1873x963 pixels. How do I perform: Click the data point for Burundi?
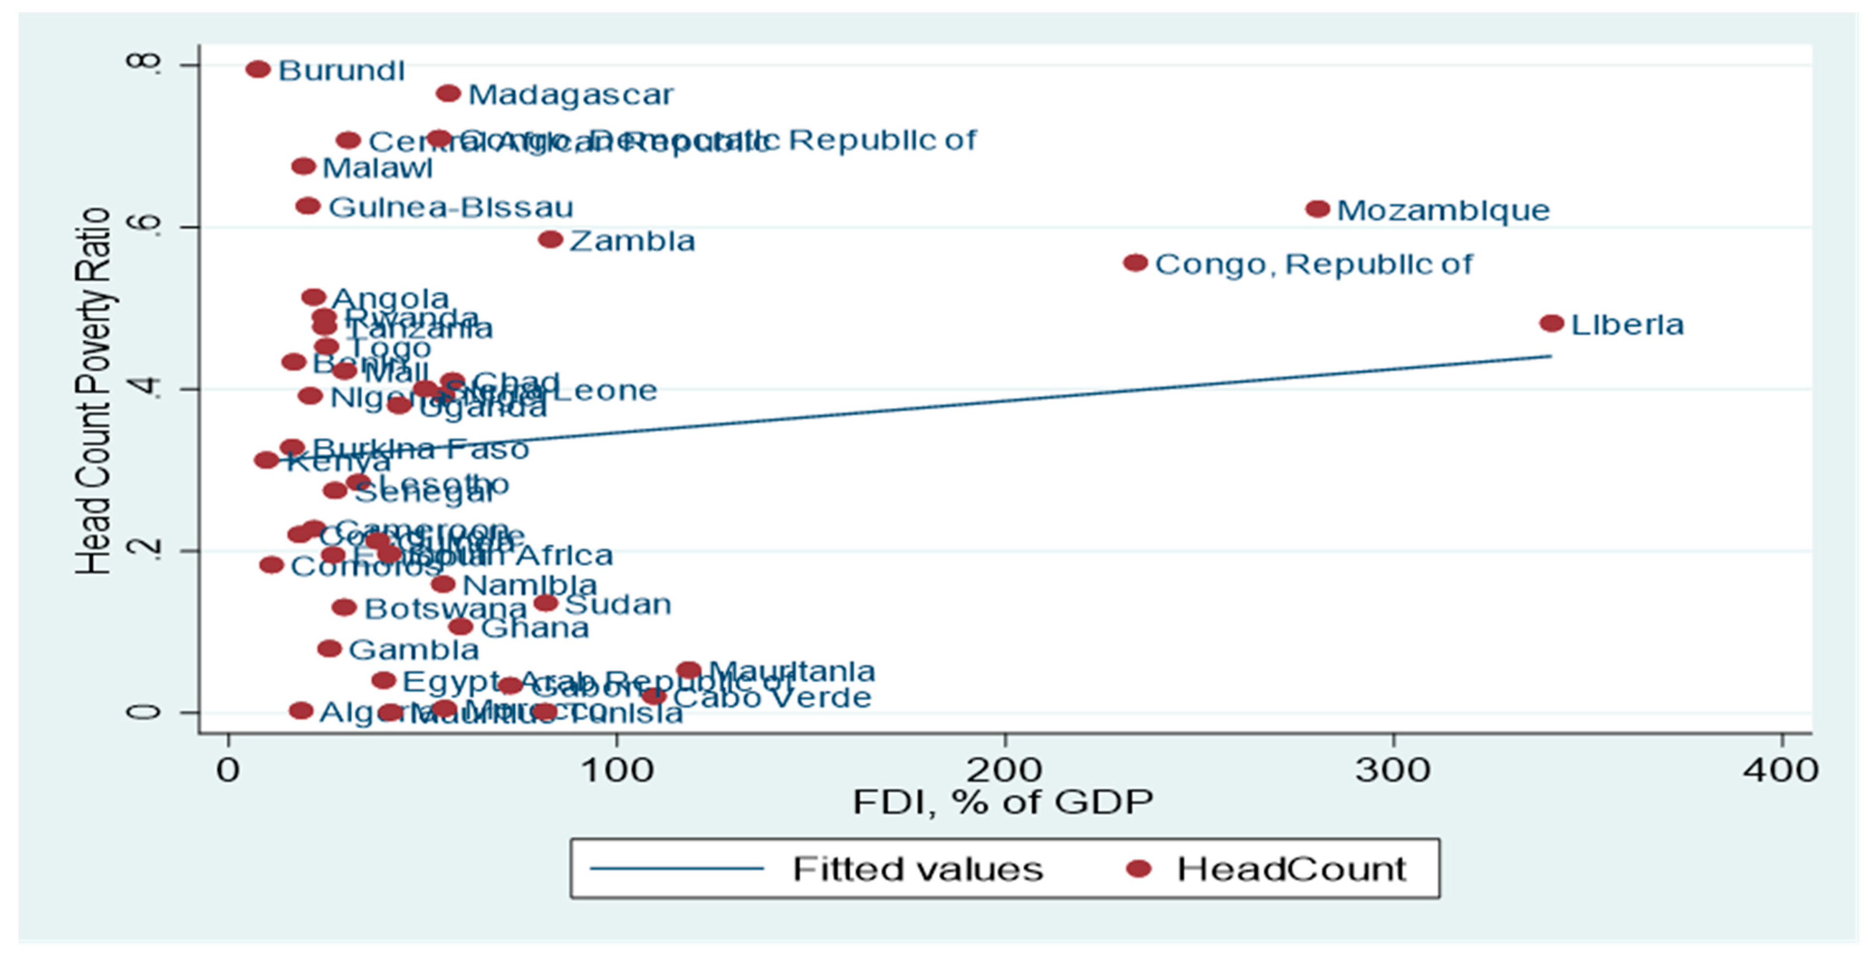pyautogui.click(x=258, y=69)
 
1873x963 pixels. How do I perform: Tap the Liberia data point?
pyautogui.click(x=1552, y=323)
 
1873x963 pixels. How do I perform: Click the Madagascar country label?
pyautogui.click(x=571, y=95)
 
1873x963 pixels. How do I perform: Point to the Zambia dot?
pyautogui.click(x=550, y=239)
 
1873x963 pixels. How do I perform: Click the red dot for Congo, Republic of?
pyautogui.click(x=1136, y=262)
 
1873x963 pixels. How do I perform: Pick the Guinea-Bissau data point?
pyautogui.click(x=308, y=206)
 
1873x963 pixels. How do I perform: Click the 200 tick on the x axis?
pyautogui.click(x=1005, y=769)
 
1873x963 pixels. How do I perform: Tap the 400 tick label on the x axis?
pyautogui.click(x=1781, y=769)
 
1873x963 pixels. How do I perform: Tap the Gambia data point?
pyautogui.click(x=329, y=648)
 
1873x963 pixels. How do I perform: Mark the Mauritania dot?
pyautogui.click(x=689, y=670)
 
